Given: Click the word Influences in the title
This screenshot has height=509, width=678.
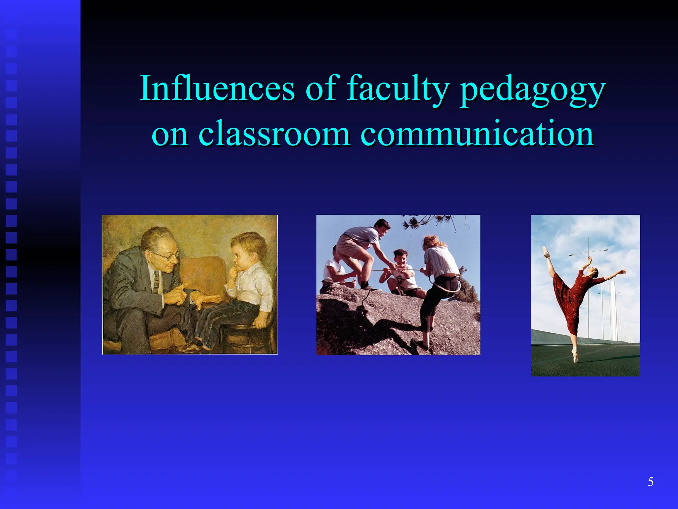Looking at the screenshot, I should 217,88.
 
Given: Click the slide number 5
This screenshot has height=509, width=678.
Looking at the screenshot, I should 651,482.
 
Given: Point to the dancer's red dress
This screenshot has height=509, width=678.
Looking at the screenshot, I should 569,298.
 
